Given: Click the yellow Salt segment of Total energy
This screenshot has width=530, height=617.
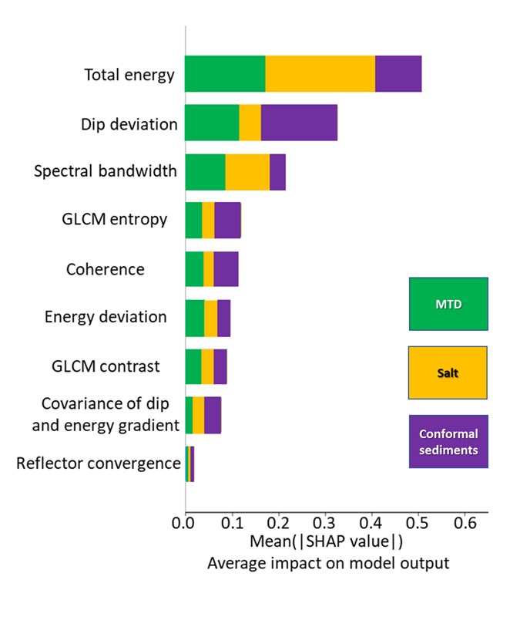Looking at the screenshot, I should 320,74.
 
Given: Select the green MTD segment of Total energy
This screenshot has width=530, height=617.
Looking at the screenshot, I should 225,74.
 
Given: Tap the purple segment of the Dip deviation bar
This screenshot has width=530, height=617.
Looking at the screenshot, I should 299,123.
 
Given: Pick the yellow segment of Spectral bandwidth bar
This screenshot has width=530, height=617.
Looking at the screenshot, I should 247,172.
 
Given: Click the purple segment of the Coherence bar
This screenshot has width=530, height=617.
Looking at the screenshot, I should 226,269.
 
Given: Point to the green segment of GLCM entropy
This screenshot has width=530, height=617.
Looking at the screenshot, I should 193,221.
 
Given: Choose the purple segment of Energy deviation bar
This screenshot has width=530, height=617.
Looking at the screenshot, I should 223,318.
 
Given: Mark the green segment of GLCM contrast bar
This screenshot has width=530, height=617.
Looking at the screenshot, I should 193,366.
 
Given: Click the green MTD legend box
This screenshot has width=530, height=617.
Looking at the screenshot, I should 448,304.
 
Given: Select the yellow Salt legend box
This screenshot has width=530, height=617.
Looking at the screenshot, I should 448,372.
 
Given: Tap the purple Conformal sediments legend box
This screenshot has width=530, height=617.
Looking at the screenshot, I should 448,441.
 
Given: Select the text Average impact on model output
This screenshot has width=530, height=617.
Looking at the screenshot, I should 327,564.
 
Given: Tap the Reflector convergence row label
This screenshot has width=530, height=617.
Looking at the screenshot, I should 99,464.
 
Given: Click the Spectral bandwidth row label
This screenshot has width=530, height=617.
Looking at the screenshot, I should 106,172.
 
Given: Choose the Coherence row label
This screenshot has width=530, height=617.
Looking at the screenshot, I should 106,269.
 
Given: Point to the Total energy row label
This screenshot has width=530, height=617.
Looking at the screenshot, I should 129,75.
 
